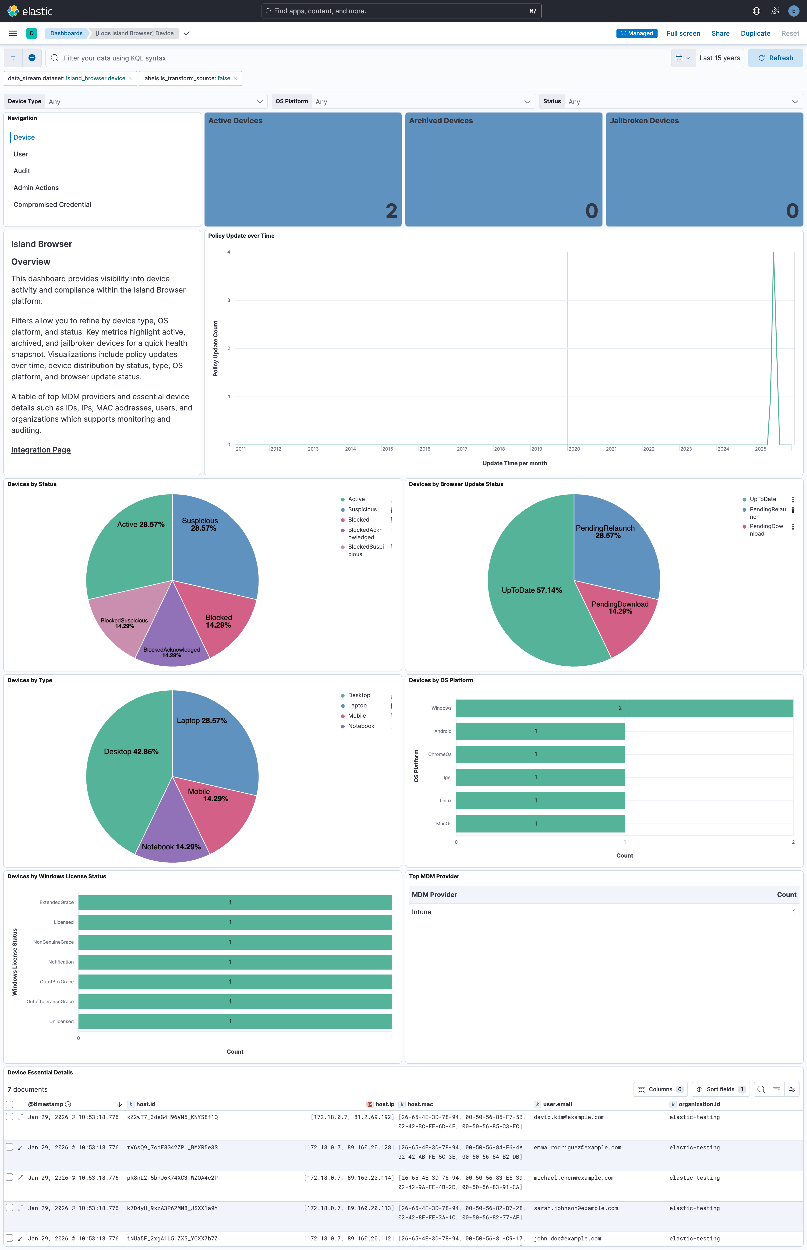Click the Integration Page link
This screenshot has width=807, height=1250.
(x=41, y=450)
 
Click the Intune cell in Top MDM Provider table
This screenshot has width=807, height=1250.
(x=421, y=912)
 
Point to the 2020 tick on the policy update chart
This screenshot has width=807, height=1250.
(x=574, y=449)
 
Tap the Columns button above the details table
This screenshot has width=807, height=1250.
(x=660, y=1089)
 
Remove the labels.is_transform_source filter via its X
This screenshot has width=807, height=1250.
(x=235, y=79)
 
